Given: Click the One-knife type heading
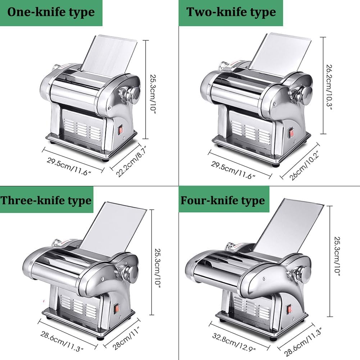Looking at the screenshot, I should point(51,13).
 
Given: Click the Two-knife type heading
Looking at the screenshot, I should point(231,12).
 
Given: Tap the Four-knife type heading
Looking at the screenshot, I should point(223,200).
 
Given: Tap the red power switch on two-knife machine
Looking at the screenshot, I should point(292,133).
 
